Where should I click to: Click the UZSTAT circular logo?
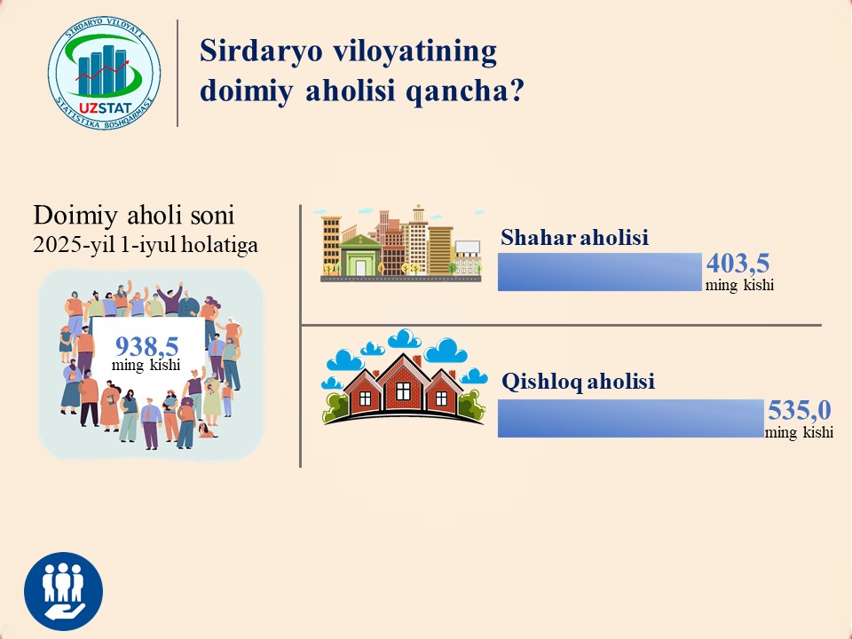(x=105, y=72)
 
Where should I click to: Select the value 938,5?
(x=146, y=345)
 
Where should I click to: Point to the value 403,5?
(x=738, y=264)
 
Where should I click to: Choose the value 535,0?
(x=800, y=410)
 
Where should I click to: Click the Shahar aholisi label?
(x=574, y=238)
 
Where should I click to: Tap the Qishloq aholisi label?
(x=578, y=382)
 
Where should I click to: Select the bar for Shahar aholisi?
(x=600, y=272)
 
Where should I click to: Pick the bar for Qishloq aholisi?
(x=631, y=418)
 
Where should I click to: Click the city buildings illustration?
(x=400, y=243)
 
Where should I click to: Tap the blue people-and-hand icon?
(x=64, y=591)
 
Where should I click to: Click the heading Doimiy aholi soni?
(x=134, y=215)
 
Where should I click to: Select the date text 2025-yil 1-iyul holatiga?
(x=146, y=245)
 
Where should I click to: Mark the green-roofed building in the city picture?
(x=359, y=255)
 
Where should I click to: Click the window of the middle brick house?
(x=403, y=390)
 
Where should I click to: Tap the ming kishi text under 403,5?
(x=739, y=285)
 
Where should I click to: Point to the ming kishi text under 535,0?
(x=799, y=432)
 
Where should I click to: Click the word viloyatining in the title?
(x=414, y=51)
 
